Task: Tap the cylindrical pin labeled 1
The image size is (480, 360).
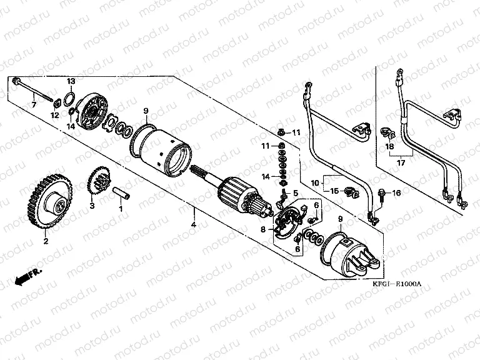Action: [x=122, y=192]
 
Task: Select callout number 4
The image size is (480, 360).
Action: [x=194, y=224]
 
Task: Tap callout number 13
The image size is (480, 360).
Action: [x=71, y=82]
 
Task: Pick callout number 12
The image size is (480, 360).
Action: [x=54, y=115]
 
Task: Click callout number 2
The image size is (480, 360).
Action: [x=45, y=239]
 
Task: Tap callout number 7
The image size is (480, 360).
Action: [x=34, y=104]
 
